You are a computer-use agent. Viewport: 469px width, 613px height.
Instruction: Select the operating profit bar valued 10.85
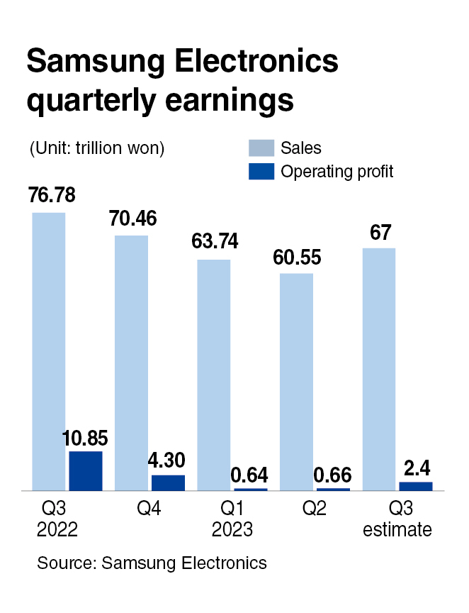[86, 470]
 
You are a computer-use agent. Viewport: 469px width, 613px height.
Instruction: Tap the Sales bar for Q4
[131, 363]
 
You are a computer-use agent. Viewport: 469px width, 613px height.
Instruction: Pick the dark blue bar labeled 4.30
[168, 482]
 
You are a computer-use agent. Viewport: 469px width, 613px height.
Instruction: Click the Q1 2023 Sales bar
[213, 375]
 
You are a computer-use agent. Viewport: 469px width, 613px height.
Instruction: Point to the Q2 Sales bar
[295, 381]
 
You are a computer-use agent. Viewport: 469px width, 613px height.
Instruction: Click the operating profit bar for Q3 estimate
[415, 486]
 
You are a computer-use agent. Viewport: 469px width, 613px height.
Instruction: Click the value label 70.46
[132, 218]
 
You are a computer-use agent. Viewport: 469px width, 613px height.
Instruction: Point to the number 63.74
[215, 241]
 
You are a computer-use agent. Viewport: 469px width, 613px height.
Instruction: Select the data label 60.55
[297, 256]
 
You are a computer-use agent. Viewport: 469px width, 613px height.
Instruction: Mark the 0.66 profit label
[333, 473]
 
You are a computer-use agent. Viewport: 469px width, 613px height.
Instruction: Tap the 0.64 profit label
[251, 473]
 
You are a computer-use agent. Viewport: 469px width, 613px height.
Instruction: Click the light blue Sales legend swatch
[261, 148]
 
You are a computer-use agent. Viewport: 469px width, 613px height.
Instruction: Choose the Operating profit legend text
[337, 171]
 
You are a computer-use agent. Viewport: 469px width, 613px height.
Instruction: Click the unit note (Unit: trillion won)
[96, 148]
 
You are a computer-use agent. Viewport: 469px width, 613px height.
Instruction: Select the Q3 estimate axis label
[397, 520]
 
